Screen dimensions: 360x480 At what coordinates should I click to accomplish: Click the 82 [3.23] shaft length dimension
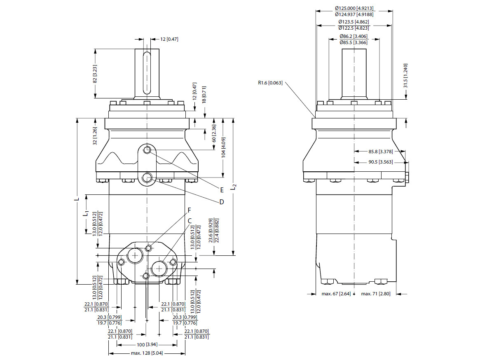point(94,74)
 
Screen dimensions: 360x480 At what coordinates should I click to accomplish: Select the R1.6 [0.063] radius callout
point(270,83)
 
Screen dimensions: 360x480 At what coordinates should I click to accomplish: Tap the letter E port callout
point(222,190)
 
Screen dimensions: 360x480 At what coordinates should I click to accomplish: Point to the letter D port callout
point(222,202)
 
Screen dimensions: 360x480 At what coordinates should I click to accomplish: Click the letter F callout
point(190,210)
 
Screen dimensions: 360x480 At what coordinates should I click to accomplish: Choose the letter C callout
point(190,221)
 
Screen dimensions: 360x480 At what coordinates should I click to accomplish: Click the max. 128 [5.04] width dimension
point(147,353)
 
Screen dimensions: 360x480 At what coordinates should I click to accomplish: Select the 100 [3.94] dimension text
point(147,344)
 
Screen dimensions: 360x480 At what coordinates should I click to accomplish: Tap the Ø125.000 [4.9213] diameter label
point(354,8)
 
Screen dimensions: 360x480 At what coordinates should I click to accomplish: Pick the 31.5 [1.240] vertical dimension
point(405,76)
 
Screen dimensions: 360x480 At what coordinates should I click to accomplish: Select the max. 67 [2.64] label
point(336,294)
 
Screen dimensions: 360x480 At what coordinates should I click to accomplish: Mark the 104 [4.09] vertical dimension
point(223,147)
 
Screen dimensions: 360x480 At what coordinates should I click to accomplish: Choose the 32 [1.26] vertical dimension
point(95,136)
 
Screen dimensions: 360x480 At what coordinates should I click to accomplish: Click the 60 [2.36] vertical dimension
point(214,134)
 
